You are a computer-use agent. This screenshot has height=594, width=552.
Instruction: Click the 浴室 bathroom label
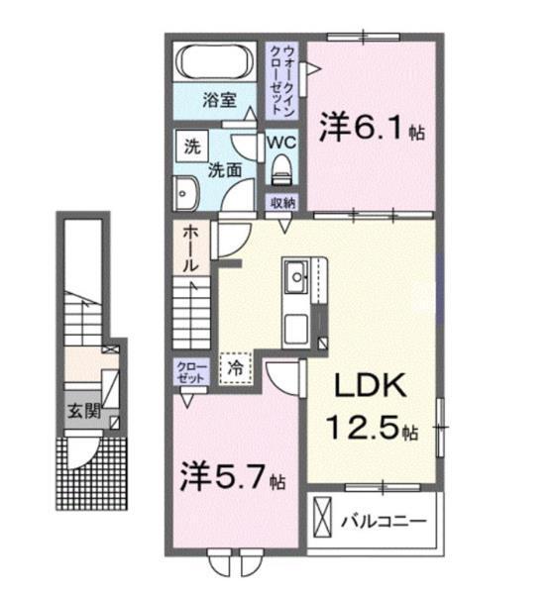click(219, 99)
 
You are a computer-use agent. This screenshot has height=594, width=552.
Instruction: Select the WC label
click(284, 141)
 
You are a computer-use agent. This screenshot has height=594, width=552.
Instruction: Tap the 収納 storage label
click(283, 203)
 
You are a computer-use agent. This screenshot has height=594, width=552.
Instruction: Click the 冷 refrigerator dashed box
click(235, 365)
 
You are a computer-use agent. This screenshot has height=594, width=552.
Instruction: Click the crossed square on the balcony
click(324, 518)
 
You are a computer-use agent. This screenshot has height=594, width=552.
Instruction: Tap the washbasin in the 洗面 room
click(184, 192)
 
